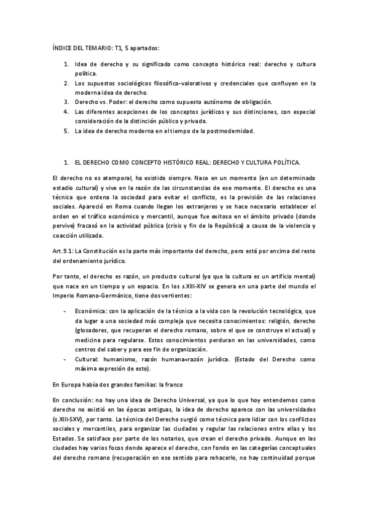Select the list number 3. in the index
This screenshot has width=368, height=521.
[x=67, y=101]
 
